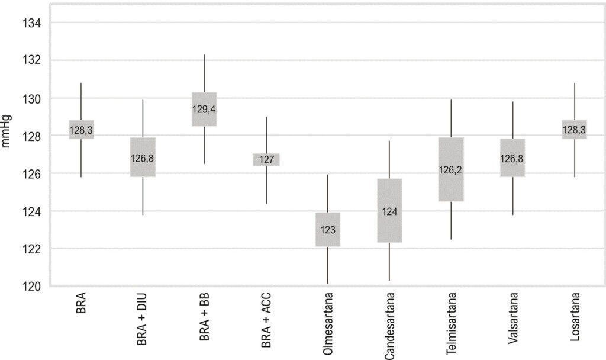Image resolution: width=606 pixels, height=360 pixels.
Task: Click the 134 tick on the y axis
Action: tap(31, 23)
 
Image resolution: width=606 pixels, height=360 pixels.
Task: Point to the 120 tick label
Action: tap(31, 286)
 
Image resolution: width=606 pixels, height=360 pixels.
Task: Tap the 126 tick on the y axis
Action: tap(31, 174)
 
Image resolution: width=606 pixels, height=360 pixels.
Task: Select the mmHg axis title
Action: tap(6, 131)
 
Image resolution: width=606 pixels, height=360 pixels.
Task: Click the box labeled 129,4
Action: tap(204, 109)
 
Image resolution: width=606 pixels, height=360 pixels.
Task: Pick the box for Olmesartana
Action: tap(328, 229)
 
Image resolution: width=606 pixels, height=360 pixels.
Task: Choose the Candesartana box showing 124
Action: tap(389, 211)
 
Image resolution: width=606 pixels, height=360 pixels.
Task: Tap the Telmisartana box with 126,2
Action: tap(451, 169)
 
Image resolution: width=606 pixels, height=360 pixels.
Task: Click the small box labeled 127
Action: tap(266, 160)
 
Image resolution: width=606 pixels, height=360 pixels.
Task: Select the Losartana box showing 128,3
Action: tap(574, 130)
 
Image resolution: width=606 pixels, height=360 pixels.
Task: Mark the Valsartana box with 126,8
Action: tap(512, 157)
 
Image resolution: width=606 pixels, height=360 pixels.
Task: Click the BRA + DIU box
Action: tap(143, 157)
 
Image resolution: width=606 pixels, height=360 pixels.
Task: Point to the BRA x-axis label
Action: tap(80, 303)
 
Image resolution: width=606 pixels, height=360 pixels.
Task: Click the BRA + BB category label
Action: tap(204, 317)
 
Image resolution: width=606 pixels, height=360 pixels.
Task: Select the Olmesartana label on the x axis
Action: tap(328, 324)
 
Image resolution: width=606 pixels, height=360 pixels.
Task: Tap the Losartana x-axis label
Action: tap(575, 317)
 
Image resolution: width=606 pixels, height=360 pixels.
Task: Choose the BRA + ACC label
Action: tap(266, 320)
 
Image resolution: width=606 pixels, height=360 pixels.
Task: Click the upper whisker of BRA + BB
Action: tap(204, 73)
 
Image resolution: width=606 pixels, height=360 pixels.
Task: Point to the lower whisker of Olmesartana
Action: tap(328, 266)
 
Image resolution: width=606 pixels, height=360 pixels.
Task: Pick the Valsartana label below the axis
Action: tap(513, 318)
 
